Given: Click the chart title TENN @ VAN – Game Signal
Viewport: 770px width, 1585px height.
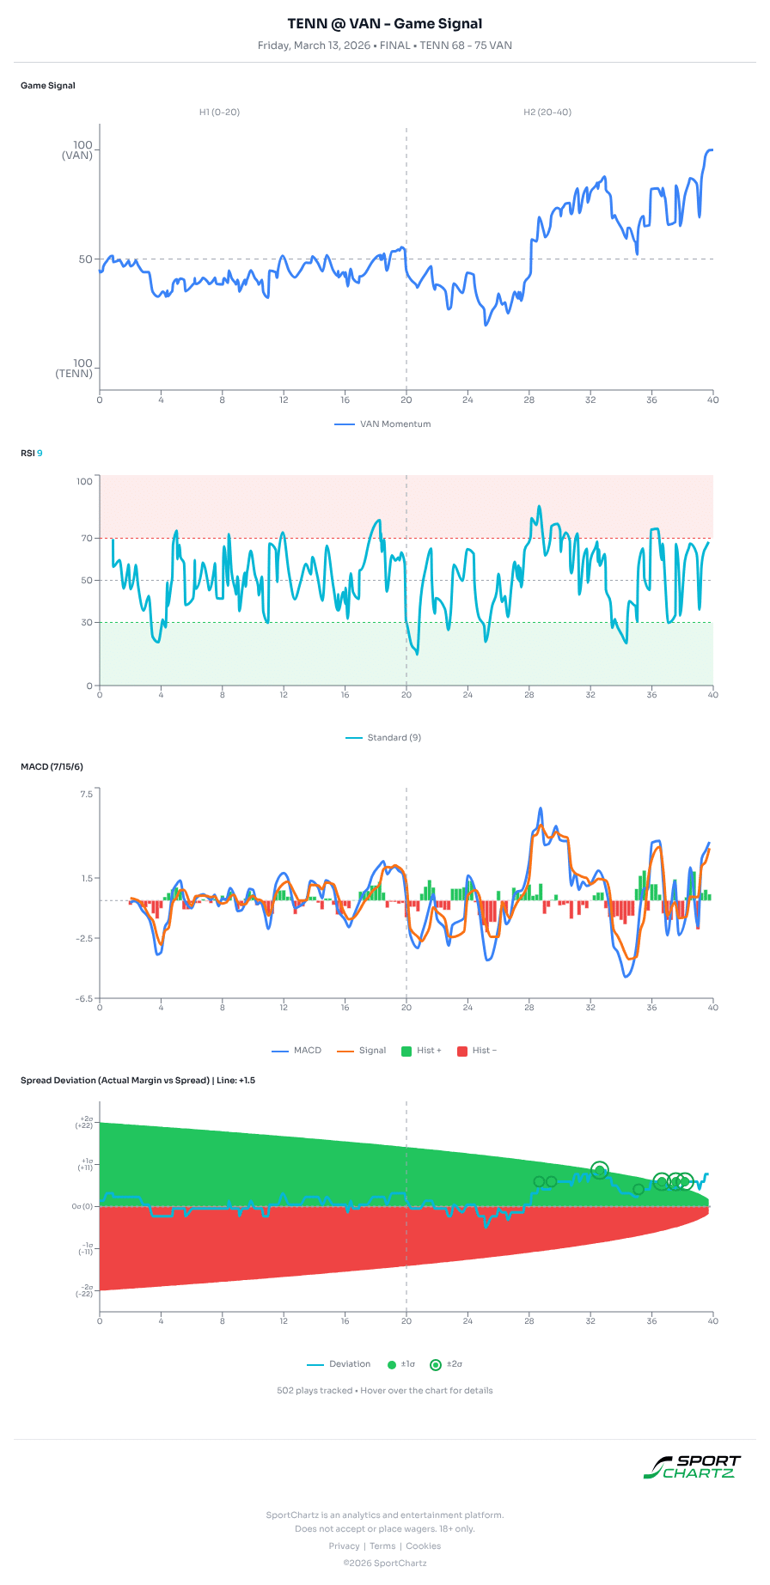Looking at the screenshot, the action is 385,24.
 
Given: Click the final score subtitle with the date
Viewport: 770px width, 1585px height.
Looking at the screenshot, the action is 385,46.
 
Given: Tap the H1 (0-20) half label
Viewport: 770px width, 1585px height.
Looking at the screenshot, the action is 220,113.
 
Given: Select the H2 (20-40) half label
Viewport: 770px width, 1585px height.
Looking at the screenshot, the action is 547,113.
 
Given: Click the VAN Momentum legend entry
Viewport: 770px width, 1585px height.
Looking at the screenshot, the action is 383,424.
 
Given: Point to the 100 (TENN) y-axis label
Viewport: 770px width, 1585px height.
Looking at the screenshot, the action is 75,369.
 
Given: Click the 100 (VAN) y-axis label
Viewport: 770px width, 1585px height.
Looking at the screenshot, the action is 77,150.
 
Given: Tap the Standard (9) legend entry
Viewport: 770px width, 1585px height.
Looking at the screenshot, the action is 383,738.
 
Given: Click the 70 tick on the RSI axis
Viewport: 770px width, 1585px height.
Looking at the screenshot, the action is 86,539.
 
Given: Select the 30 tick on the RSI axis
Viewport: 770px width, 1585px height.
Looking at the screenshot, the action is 86,623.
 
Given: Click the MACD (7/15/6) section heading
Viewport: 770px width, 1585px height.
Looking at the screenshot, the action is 52,767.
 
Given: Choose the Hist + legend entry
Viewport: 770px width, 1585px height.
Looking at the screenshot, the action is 422,1051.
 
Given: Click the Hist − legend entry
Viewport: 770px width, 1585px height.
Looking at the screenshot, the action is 477,1051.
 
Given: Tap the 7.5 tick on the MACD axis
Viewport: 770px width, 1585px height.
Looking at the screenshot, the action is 86,794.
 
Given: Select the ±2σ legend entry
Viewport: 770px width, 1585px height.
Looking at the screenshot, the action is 447,1364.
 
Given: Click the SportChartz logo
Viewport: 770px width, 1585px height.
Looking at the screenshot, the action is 693,1467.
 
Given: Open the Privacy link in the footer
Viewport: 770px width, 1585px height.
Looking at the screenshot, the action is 344,1546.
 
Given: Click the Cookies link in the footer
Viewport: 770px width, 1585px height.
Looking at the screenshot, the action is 424,1546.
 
